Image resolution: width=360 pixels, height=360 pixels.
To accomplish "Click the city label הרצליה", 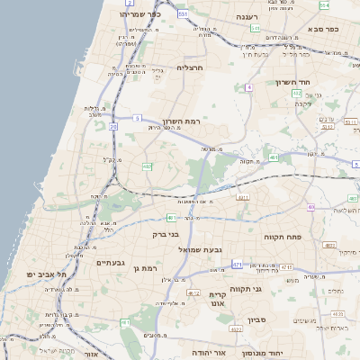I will click(x=190, y=67).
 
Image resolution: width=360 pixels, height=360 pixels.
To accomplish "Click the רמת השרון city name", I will click(x=183, y=121).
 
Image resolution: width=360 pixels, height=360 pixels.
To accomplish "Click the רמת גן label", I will click(x=143, y=268).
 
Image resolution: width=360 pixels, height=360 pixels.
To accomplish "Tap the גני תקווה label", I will click(x=270, y=289).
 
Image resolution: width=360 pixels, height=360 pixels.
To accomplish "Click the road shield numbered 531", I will click(x=183, y=14).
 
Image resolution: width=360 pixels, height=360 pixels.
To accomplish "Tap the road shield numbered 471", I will click(x=237, y=265).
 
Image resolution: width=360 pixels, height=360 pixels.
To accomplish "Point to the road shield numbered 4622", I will click(x=236, y=330).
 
